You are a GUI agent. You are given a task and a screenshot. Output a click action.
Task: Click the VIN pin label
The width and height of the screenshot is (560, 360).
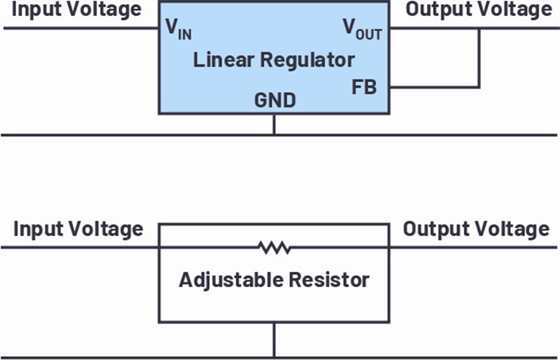point(179,29)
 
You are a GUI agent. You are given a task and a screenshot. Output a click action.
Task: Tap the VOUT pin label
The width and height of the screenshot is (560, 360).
point(363,29)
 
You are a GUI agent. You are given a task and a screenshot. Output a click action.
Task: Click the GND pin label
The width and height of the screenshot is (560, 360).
point(275,100)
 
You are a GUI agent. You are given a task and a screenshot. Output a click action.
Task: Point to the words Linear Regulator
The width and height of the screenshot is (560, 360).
point(274,60)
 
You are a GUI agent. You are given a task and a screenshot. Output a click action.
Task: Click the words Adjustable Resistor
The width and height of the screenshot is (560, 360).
point(274,280)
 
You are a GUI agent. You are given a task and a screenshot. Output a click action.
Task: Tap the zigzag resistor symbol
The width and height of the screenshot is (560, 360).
point(274,247)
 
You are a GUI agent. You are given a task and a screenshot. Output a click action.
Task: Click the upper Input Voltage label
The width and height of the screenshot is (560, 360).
point(77,10)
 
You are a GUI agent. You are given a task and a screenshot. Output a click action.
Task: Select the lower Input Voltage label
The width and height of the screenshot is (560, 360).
point(78,229)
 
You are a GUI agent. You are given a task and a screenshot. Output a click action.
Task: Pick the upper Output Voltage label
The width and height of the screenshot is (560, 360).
point(479,9)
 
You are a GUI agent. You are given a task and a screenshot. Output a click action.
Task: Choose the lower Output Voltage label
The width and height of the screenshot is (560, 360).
point(477,229)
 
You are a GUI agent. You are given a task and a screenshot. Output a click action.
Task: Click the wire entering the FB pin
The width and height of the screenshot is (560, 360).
point(434,86)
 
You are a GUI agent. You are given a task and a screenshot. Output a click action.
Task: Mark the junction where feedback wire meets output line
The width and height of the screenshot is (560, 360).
point(478,28)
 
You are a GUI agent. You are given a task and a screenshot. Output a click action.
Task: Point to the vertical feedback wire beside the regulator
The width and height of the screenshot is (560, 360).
point(478,57)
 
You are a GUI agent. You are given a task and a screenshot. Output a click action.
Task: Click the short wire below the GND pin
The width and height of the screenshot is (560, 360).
point(274,124)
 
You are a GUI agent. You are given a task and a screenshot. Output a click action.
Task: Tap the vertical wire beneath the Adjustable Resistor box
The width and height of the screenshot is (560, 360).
point(274,340)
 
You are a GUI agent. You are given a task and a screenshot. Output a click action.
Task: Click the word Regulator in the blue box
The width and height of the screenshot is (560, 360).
point(307,60)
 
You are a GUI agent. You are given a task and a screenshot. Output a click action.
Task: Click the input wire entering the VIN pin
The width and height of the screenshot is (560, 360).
point(81,28)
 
